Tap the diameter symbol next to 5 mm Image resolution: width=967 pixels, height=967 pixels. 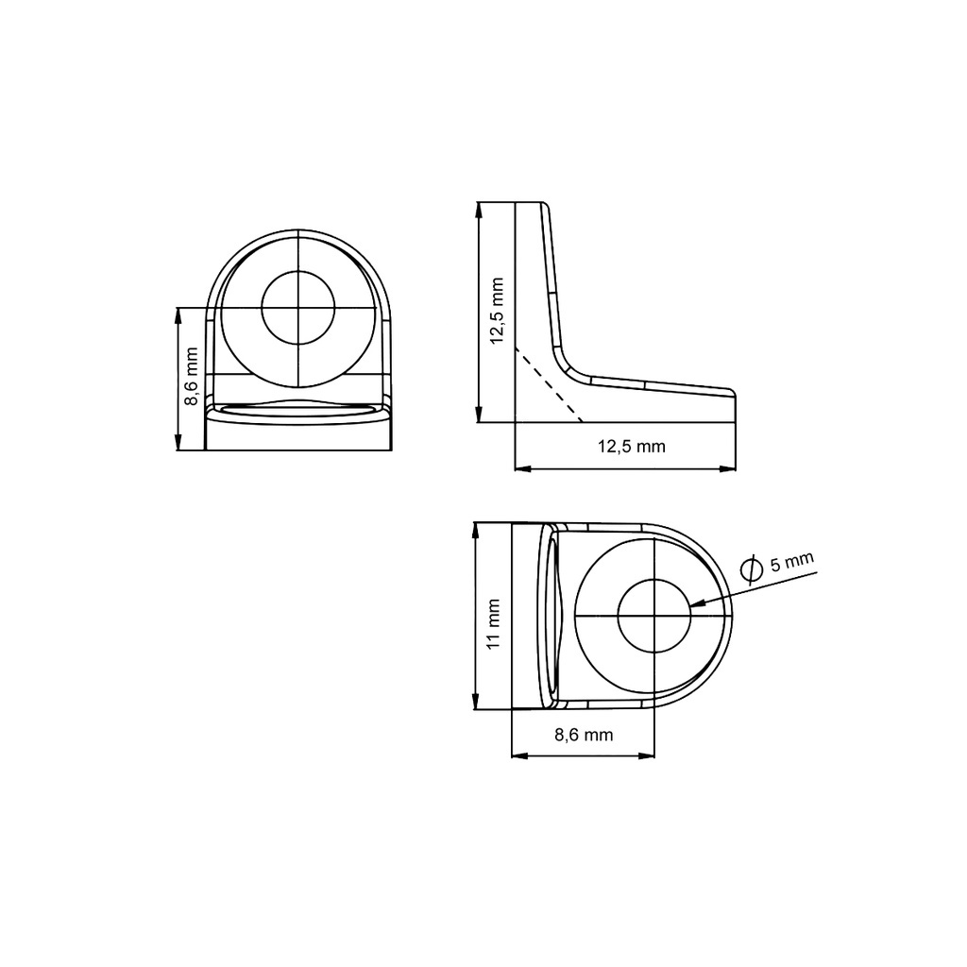(751, 569)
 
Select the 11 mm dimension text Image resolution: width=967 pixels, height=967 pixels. (493, 623)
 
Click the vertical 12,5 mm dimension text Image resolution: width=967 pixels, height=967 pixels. (497, 311)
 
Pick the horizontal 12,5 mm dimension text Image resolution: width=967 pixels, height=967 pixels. (632, 446)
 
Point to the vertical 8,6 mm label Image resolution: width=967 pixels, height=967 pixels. (191, 376)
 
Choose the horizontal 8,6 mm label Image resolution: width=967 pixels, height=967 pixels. (584, 735)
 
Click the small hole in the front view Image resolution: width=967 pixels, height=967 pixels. (297, 307)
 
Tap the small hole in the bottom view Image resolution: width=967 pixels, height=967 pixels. (653, 616)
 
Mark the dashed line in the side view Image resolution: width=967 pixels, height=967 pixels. (549, 384)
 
